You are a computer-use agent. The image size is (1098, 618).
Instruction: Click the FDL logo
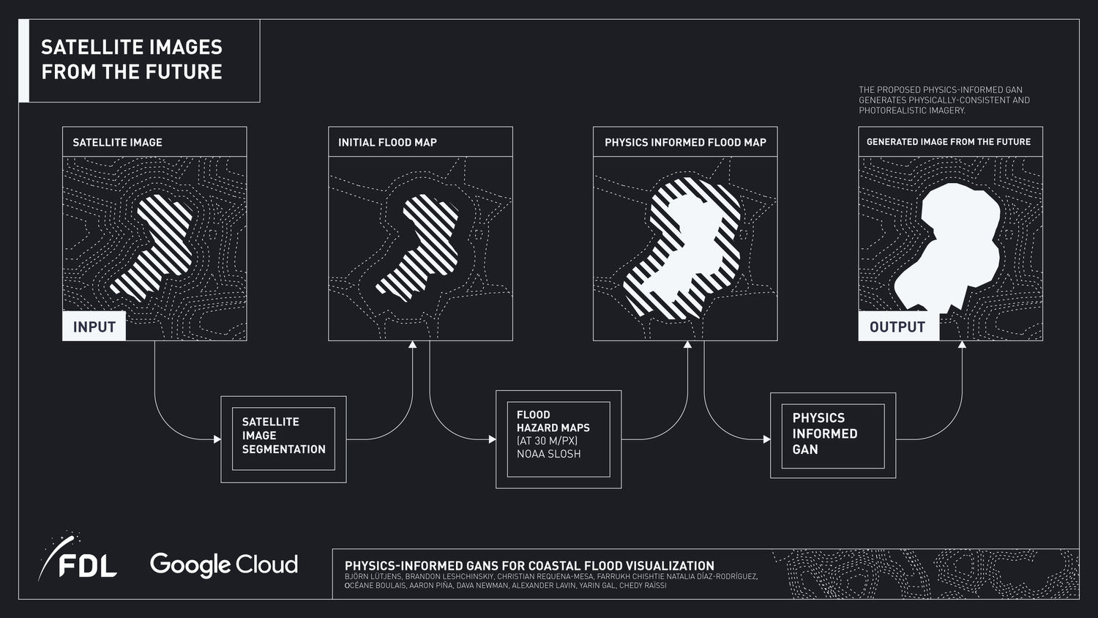pyautogui.click(x=78, y=559)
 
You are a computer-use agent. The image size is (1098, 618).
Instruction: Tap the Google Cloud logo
pyautogui.click(x=223, y=565)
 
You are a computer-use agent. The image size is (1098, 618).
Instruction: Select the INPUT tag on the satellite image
pyautogui.click(x=94, y=327)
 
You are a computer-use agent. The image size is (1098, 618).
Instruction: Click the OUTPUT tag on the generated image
pyautogui.click(x=897, y=327)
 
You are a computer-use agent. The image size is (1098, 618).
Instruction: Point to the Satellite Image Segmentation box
pyautogui.click(x=283, y=439)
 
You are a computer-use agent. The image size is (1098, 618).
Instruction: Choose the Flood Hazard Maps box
pyautogui.click(x=558, y=439)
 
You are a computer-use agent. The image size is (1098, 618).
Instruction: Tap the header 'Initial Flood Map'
pyautogui.click(x=387, y=142)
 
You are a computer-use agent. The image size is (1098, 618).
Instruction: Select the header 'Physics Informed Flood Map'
pyautogui.click(x=685, y=142)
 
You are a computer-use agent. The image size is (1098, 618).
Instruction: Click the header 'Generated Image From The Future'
pyautogui.click(x=949, y=142)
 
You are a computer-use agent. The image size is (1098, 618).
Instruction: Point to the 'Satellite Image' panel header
pyautogui.click(x=118, y=142)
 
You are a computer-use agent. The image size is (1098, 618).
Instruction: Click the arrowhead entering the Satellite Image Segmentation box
pyautogui.click(x=217, y=439)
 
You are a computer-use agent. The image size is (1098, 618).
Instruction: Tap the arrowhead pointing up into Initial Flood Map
pyautogui.click(x=413, y=345)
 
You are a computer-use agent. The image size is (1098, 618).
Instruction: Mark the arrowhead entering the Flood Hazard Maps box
pyautogui.click(x=492, y=439)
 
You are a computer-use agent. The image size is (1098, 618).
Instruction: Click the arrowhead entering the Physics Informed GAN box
pyautogui.click(x=766, y=439)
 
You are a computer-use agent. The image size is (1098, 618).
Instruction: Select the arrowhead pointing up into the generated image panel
pyautogui.click(x=962, y=345)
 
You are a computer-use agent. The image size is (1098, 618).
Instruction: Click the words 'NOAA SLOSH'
pyautogui.click(x=549, y=454)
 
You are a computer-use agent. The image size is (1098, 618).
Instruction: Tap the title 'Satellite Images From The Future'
pyautogui.click(x=132, y=59)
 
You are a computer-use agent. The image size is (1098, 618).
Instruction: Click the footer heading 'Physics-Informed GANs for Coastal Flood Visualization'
pyautogui.click(x=529, y=565)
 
